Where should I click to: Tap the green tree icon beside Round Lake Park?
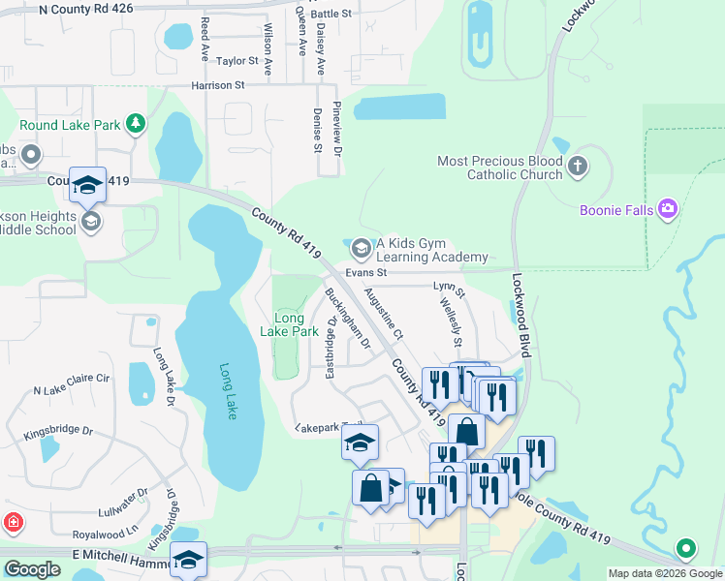tap(138, 123)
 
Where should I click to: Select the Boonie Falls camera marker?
tap(667, 208)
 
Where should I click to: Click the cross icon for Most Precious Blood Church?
tap(578, 167)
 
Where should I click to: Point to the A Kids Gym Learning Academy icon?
tap(361, 249)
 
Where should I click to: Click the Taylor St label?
tap(238, 61)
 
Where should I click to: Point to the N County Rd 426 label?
tap(86, 10)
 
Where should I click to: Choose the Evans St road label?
tap(366, 273)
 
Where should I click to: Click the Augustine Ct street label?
tap(384, 310)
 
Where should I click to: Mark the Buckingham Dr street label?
tap(348, 318)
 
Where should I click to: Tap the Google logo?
tap(32, 569)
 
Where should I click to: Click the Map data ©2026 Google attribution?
tap(665, 573)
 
